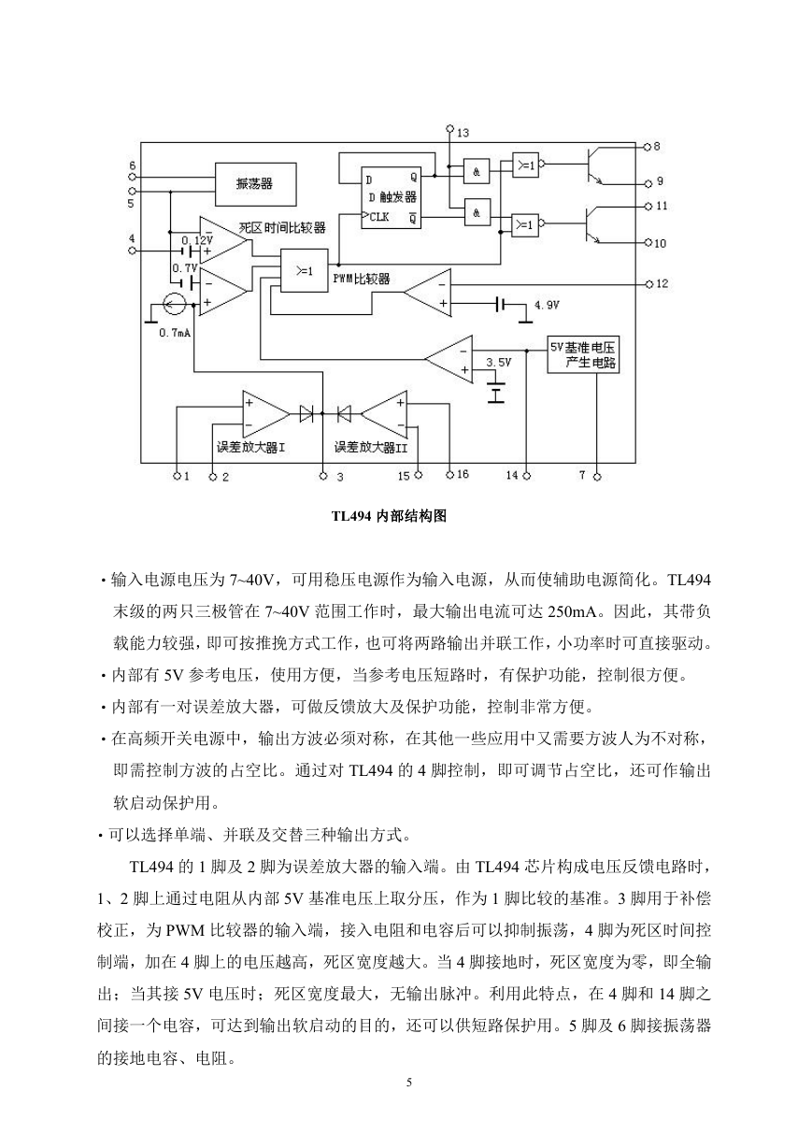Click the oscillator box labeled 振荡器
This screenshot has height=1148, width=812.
click(256, 184)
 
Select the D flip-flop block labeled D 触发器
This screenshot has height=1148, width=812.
click(391, 197)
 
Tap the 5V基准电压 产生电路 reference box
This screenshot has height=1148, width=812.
click(583, 354)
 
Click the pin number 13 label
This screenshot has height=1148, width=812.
click(463, 134)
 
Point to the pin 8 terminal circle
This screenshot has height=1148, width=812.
click(647, 147)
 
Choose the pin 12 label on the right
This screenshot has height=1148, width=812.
click(662, 284)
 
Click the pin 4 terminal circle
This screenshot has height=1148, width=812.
click(132, 251)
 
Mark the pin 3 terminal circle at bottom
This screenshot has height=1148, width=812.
click(322, 476)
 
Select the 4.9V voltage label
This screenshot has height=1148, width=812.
click(547, 306)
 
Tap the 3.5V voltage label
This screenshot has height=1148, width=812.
click(498, 363)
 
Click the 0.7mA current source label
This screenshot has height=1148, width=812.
click(175, 333)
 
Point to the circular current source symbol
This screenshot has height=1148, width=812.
click(174, 305)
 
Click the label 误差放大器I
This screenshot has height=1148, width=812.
click(250, 448)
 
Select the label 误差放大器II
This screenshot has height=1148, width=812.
click(371, 448)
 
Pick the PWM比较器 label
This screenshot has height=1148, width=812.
click(362, 279)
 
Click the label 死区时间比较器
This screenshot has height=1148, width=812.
click(282, 227)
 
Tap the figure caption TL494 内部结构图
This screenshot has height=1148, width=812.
click(389, 516)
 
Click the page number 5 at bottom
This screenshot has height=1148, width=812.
click(409, 1083)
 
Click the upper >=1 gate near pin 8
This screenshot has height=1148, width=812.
click(525, 165)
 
